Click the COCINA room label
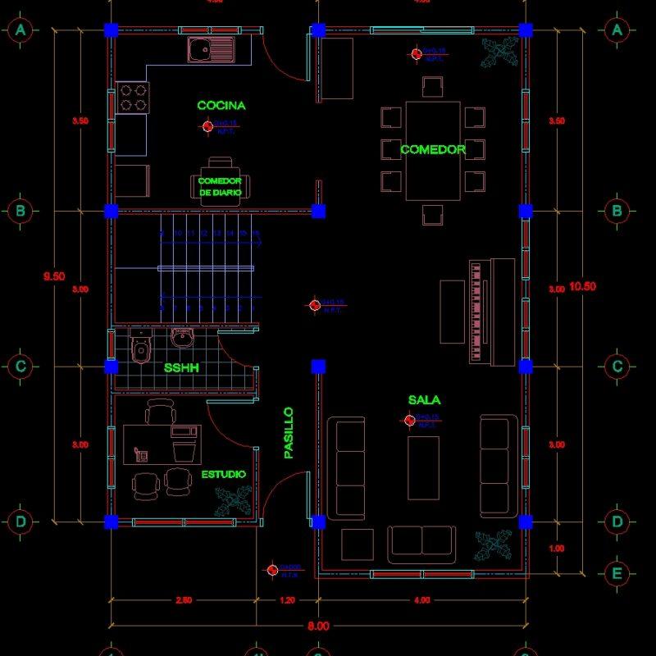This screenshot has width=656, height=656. tap(221, 106)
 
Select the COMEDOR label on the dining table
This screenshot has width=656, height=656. tap(433, 150)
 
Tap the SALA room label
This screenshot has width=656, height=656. tap(424, 400)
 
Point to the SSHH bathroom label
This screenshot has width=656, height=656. tap(181, 368)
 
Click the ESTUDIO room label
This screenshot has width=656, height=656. tap(224, 474)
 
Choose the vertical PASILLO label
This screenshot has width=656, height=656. tap(288, 432)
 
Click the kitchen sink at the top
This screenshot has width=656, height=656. tap(210, 50)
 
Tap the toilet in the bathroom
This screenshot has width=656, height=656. tap(141, 348)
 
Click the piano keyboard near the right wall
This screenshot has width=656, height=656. tap(476, 312)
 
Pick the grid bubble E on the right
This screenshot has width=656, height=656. tap(617, 573)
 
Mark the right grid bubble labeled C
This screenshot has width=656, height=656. tap(617, 367)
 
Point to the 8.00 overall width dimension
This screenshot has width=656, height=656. tap(318, 626)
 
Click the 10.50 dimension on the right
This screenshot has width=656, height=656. tap(582, 287)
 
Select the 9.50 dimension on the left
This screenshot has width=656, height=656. tap(54, 276)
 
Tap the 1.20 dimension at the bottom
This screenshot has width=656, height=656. tap(287, 601)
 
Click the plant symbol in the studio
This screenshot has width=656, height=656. tap(232, 499)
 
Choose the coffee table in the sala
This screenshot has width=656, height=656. tap(423, 467)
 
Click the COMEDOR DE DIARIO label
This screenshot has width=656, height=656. tap(221, 186)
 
